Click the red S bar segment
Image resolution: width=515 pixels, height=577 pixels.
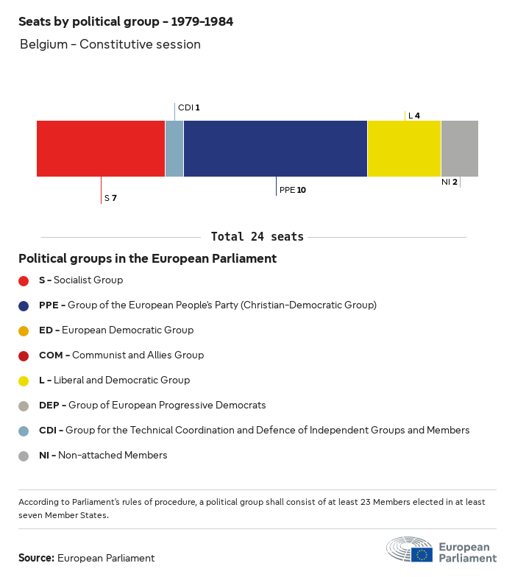(101, 149)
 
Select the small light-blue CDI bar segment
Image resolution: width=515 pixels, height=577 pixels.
(174, 149)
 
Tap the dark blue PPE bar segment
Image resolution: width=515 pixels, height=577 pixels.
(275, 149)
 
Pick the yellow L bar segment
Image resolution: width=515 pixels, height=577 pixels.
(404, 149)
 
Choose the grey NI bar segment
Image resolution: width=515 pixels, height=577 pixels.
(459, 149)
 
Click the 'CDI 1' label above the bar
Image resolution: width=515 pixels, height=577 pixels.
(188, 107)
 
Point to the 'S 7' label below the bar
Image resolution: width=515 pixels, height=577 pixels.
(110, 198)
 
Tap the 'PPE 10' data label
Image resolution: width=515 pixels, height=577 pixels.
(292, 190)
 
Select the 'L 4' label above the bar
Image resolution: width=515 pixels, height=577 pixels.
(414, 116)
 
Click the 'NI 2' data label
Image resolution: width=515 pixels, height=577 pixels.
(449, 182)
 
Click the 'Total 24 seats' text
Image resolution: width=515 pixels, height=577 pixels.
(257, 237)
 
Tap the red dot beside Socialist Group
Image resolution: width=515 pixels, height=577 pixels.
(24, 280)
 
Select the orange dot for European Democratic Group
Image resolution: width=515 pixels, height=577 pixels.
(24, 330)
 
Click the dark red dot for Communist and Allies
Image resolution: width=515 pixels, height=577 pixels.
(24, 355)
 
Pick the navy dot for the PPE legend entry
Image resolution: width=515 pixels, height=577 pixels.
(24, 305)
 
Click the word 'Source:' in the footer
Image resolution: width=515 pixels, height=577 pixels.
(36, 558)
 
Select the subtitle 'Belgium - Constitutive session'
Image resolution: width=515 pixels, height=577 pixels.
(110, 44)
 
